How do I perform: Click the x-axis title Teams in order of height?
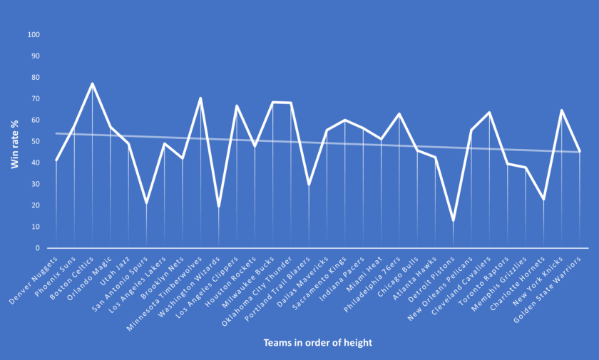(317, 343)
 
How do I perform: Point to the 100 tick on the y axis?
(34, 35)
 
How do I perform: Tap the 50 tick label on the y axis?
(34, 142)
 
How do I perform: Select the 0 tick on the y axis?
(36, 248)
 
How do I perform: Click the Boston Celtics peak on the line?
(93, 83)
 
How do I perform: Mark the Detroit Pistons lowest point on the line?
(453, 220)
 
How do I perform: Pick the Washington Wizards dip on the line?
(218, 207)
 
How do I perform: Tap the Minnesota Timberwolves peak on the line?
(200, 98)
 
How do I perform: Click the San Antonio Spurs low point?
(146, 203)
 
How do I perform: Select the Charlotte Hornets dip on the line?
(543, 200)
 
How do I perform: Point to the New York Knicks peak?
(561, 110)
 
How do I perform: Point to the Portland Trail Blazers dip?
(309, 185)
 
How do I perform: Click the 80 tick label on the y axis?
(34, 78)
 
